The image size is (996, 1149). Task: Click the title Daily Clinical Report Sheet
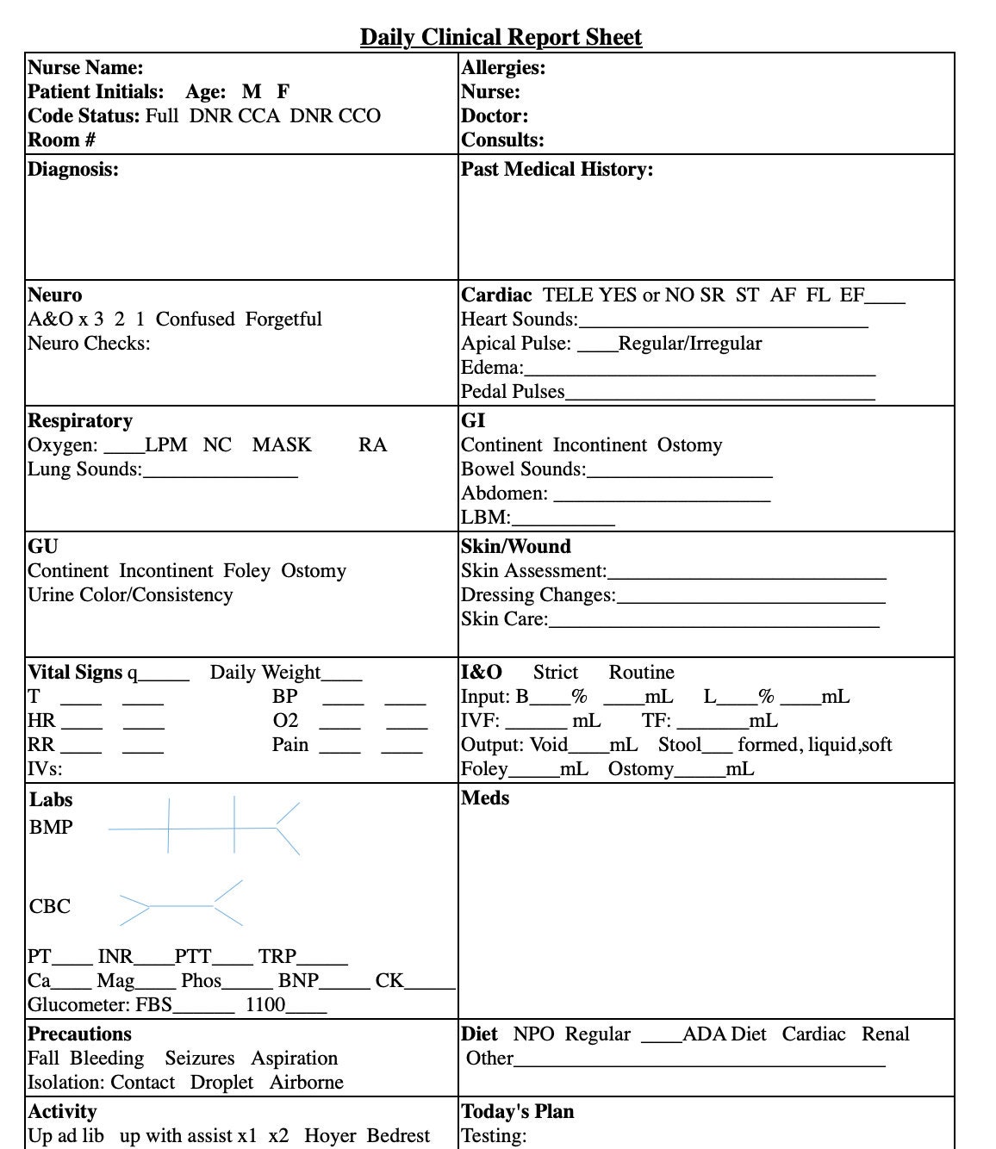(x=501, y=37)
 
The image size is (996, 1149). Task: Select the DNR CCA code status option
(x=234, y=115)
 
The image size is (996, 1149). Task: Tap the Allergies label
(x=503, y=67)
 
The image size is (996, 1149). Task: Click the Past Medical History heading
(x=557, y=169)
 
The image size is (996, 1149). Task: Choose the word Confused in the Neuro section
(x=195, y=319)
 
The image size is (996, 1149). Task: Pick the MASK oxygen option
(x=282, y=444)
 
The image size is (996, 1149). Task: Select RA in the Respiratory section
(x=372, y=444)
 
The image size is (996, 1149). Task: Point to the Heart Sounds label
(x=519, y=319)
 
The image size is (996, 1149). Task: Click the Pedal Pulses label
(x=513, y=391)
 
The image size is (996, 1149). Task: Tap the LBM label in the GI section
(x=485, y=517)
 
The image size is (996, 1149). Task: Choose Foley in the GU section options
(x=246, y=570)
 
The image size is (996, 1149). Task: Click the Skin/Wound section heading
(x=515, y=546)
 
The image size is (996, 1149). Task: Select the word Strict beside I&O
(x=555, y=672)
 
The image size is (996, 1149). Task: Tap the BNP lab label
(x=298, y=980)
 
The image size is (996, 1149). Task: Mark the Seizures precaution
(x=199, y=1058)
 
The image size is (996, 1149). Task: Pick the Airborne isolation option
(x=306, y=1082)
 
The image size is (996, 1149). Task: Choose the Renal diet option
(x=885, y=1034)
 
